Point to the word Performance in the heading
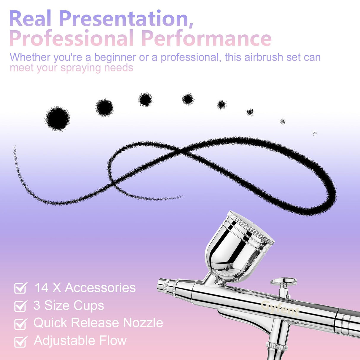click(x=207, y=38)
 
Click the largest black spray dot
click(x=58, y=118)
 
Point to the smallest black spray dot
click(x=315, y=133)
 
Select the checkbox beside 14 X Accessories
click(x=20, y=288)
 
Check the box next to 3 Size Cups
click(x=20, y=306)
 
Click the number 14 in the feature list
click(x=42, y=288)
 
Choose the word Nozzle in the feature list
click(x=143, y=323)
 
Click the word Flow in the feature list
click(x=113, y=340)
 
